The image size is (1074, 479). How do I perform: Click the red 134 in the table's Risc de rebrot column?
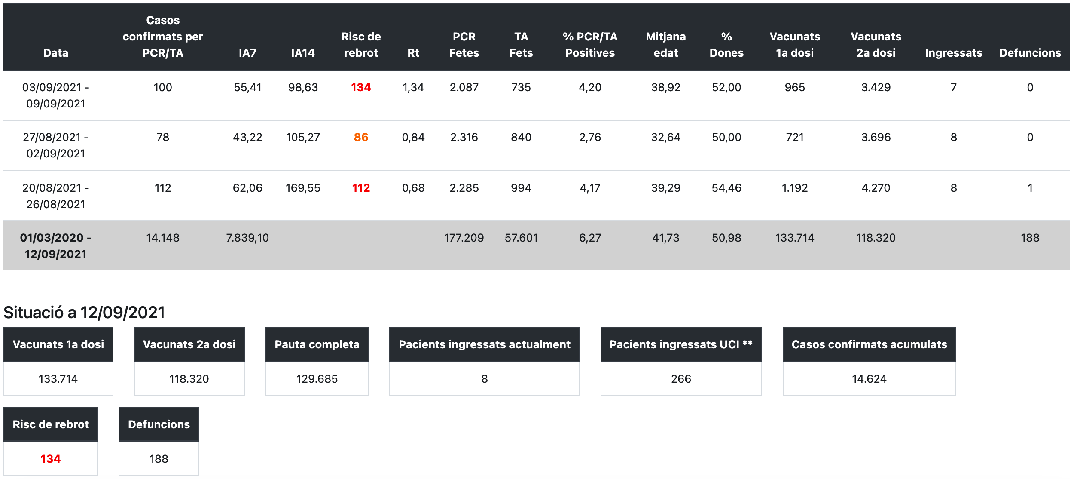361,87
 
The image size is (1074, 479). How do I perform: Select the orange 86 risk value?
361,137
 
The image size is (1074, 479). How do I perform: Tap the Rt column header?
413,53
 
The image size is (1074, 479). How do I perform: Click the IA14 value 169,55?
303,188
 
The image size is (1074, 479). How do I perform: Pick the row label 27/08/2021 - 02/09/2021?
56,145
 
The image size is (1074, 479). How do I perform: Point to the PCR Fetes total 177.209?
464,238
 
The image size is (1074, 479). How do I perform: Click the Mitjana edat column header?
665,45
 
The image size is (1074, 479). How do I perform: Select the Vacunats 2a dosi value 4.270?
876,188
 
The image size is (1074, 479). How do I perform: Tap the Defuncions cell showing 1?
1030,188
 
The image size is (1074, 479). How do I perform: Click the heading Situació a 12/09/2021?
84,313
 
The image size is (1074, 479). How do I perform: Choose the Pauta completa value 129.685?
317,379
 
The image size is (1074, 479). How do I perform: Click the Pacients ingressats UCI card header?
681,344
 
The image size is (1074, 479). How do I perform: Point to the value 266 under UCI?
681,379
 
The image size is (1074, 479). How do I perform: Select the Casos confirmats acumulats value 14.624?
869,379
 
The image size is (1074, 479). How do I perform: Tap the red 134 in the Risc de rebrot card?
51,459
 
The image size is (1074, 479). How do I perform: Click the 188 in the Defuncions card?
159,459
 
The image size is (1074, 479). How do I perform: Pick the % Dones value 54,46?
726,188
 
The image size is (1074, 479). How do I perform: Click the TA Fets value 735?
521,87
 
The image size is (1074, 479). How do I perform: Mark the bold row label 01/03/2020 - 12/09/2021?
56,246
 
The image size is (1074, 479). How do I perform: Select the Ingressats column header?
953,53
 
